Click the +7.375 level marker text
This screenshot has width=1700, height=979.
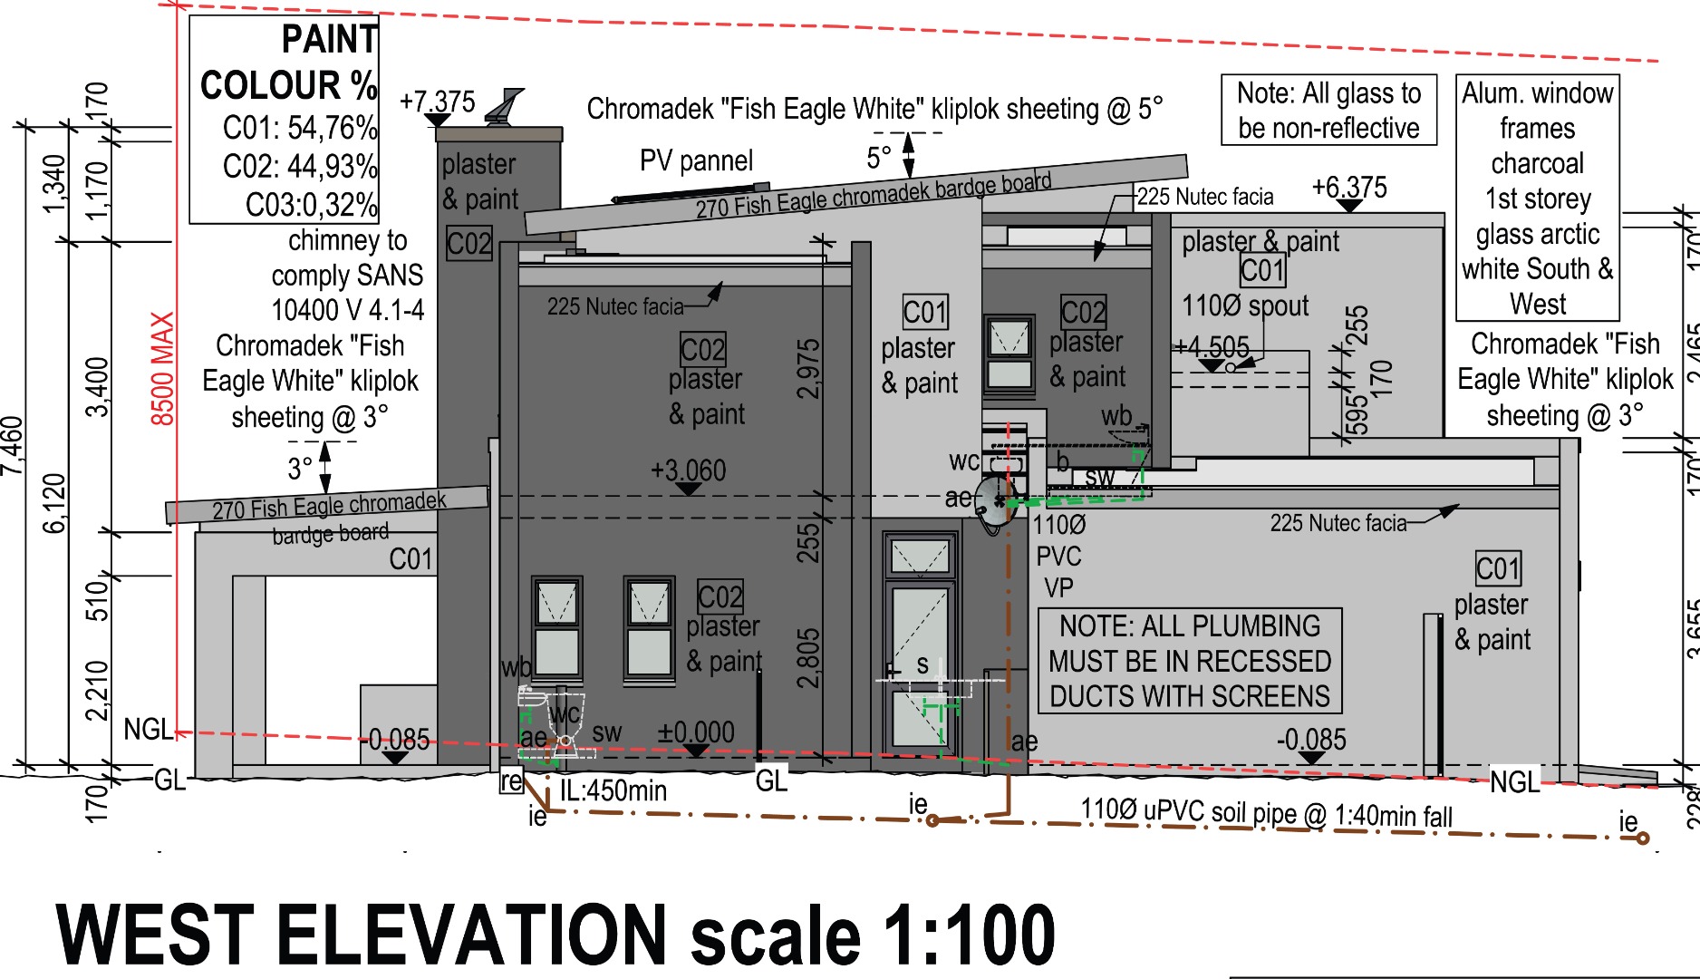(x=438, y=102)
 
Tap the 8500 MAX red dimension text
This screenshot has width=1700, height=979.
(x=162, y=369)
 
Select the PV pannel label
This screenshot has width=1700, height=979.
(x=696, y=160)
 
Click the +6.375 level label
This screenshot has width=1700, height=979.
(x=1349, y=187)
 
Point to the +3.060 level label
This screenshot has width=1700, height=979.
(x=689, y=470)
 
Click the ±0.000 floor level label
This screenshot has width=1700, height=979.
(x=695, y=732)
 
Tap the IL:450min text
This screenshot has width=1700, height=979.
(x=613, y=790)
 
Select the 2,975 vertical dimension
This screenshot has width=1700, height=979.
(x=808, y=369)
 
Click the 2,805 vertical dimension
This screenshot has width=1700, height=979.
(x=808, y=658)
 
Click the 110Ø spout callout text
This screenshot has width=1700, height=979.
(x=1245, y=305)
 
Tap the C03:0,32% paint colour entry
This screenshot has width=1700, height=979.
(x=312, y=205)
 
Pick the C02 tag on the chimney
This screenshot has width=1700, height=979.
(x=469, y=243)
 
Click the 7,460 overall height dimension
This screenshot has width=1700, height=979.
(x=12, y=445)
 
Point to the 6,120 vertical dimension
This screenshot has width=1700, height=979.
(x=54, y=503)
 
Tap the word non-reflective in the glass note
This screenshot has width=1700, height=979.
(x=1328, y=128)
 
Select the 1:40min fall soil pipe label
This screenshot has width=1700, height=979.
(x=1391, y=816)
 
